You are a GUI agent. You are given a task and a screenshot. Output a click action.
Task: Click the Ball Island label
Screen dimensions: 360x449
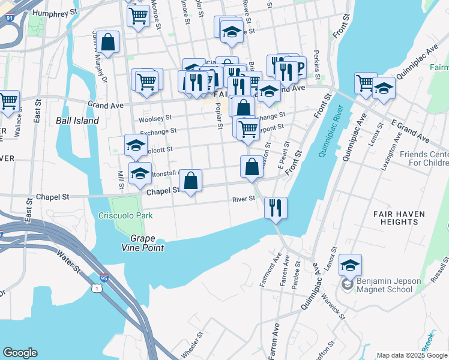[x=77, y=121]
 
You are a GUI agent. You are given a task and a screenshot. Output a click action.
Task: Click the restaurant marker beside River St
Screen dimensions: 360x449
[x=276, y=208]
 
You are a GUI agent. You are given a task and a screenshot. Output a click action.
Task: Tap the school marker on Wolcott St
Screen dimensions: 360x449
[x=136, y=145]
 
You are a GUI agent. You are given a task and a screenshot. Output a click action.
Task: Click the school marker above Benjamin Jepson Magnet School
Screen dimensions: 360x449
[x=350, y=265]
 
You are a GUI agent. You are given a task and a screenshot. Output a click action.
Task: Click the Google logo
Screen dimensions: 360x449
[x=20, y=353]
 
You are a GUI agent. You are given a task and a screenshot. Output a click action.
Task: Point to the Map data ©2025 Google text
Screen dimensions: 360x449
[x=411, y=355]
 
